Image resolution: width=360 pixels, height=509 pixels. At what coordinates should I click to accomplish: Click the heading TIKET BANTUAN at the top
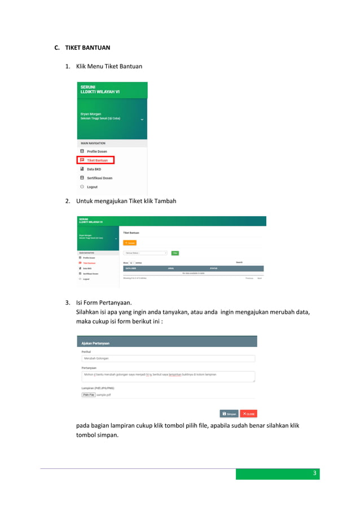pos(86,47)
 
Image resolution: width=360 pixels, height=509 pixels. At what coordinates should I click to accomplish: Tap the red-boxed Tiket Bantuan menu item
pos(96,160)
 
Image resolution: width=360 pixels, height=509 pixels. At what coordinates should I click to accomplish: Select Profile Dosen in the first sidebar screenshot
pos(96,151)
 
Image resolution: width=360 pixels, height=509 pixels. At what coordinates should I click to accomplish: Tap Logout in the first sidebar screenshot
pos(91,187)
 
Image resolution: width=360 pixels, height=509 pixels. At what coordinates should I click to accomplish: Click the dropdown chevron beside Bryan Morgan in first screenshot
pos(142,120)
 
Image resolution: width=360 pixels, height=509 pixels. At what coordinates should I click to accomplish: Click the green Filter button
pos(175,253)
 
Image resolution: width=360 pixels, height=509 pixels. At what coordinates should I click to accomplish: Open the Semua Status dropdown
pos(146,253)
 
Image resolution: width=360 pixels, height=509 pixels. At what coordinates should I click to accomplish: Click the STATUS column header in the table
pos(213,268)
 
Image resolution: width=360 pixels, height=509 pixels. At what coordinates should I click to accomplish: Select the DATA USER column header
pos(131,268)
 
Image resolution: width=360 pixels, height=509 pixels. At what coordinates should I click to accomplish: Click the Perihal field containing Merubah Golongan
pos(168,358)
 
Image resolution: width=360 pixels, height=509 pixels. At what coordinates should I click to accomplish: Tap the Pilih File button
pos(89,395)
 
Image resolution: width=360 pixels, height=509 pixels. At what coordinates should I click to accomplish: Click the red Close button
pos(248,414)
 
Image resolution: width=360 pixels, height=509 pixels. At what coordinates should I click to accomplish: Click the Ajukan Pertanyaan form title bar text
pos(95,343)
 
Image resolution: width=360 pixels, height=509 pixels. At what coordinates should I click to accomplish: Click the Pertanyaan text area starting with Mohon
pos(168,376)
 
